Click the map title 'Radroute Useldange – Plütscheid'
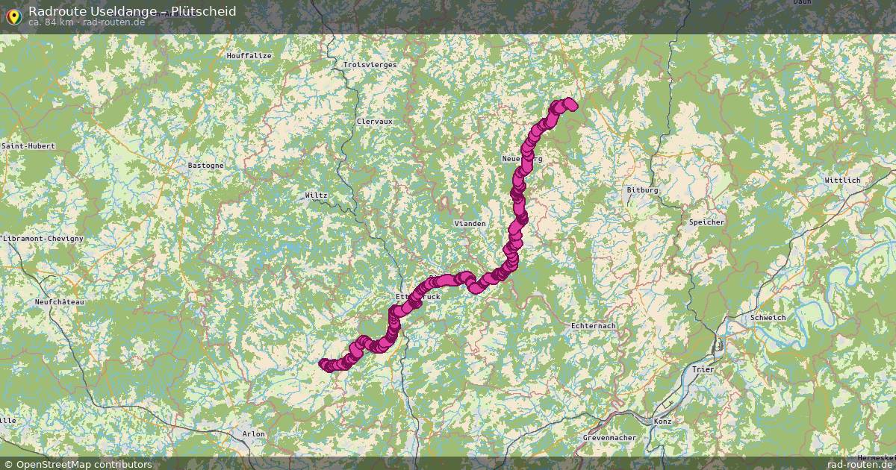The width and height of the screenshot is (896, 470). coord(132,11)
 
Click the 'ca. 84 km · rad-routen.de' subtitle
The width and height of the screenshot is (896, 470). coord(87,22)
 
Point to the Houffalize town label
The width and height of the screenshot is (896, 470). coord(249,56)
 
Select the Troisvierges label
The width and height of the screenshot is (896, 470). coord(370,65)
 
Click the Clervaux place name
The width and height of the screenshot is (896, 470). coord(374,121)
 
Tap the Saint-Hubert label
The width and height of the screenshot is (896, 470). coord(28,146)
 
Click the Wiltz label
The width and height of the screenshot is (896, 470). coord(316,195)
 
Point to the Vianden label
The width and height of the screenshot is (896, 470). coord(470,224)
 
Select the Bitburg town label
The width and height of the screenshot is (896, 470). coord(642,190)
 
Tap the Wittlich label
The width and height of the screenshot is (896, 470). coord(842,181)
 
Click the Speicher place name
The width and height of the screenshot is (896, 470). coord(706,222)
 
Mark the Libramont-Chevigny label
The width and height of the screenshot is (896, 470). coord(43,238)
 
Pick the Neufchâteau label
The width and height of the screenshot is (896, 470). coord(60,302)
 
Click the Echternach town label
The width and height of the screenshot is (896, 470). coord(592,326)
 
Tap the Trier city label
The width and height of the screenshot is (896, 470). coord(702,369)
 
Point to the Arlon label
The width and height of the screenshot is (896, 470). coord(253,433)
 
